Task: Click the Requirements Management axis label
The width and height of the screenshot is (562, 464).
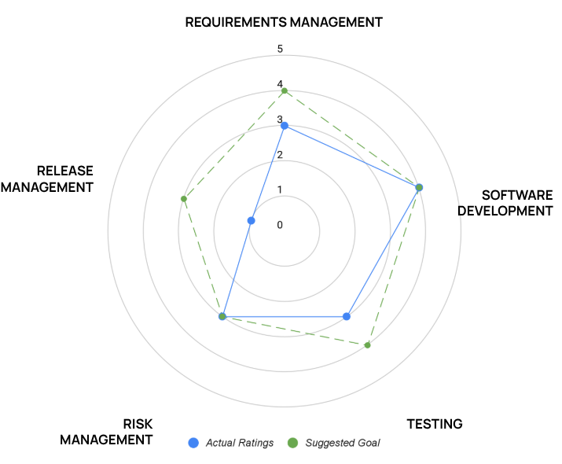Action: pyautogui.click(x=284, y=22)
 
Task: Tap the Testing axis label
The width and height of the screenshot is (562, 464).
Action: pyautogui.click(x=434, y=424)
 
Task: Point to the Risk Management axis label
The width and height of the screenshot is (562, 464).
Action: pyautogui.click(x=106, y=432)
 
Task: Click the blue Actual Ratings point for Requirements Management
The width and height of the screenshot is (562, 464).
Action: pyautogui.click(x=285, y=126)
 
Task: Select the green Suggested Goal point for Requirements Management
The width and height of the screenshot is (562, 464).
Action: pyautogui.click(x=285, y=91)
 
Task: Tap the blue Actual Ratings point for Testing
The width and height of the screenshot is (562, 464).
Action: pyautogui.click(x=347, y=316)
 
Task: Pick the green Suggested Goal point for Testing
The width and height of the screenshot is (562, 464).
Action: pyautogui.click(x=367, y=345)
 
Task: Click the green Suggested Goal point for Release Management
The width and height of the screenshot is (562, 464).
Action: pyautogui.click(x=184, y=198)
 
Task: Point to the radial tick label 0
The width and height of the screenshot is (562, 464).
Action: pyautogui.click(x=280, y=225)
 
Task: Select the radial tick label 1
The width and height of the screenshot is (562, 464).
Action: pyautogui.click(x=280, y=190)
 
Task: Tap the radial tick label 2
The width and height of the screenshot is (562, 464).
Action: pyautogui.click(x=280, y=154)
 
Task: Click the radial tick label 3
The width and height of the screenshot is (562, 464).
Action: pyautogui.click(x=280, y=120)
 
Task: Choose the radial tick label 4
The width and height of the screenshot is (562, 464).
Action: pyautogui.click(x=280, y=84)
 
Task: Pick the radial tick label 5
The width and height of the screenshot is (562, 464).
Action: pyautogui.click(x=280, y=50)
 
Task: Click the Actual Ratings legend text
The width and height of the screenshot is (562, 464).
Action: pyautogui.click(x=240, y=443)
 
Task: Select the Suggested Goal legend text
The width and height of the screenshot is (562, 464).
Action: pyautogui.click(x=342, y=443)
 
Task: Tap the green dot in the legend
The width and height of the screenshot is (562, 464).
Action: pyautogui.click(x=292, y=443)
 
